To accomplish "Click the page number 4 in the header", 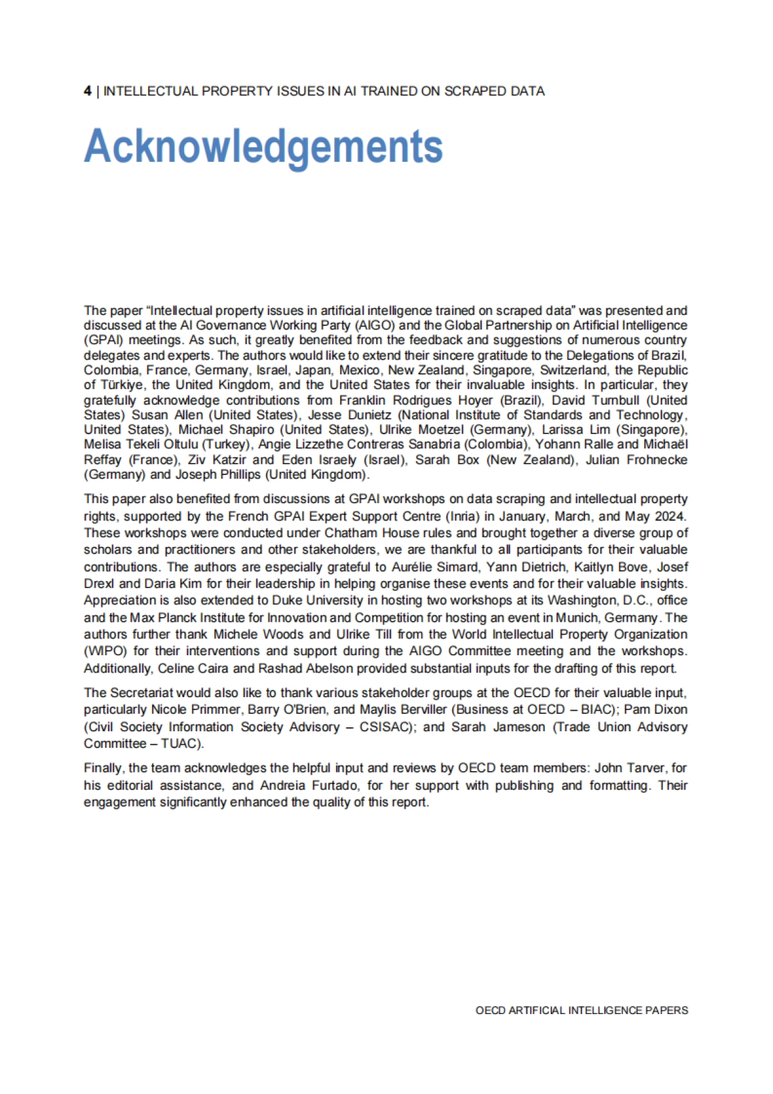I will point(87,91).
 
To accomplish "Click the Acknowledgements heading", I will point(263,146).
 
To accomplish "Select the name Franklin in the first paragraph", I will point(363,400).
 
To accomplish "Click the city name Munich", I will point(575,617).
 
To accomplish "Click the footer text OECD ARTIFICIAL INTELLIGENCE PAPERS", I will point(582,1010).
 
